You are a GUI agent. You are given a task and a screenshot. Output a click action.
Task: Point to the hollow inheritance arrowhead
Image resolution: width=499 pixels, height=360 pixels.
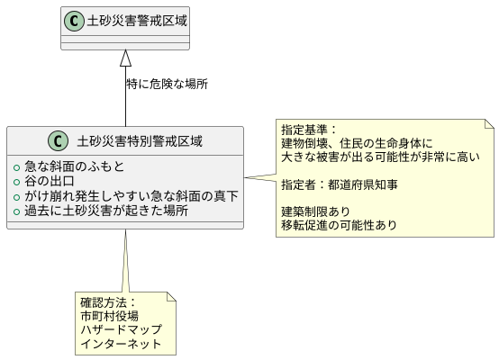pos(125,57)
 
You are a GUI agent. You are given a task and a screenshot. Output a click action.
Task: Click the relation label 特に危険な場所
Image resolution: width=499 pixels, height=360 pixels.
pos(168,84)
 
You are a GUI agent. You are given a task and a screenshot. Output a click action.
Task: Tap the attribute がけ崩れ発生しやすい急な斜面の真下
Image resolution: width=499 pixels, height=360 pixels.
pos(131,195)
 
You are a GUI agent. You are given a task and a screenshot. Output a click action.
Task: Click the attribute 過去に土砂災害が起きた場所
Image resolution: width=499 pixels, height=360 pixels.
pos(105,211)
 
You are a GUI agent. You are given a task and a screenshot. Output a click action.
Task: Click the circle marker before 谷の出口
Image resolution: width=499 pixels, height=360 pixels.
pos(17,181)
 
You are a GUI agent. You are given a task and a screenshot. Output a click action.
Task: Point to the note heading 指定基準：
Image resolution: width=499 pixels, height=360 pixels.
pos(310,129)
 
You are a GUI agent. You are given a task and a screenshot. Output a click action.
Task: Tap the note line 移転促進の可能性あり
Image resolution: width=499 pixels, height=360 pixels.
pos(338,225)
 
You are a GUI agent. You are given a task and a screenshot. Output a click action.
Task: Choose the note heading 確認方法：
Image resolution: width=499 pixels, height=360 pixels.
pos(107,301)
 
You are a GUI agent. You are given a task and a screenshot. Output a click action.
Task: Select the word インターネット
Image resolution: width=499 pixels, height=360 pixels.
pos(121,344)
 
